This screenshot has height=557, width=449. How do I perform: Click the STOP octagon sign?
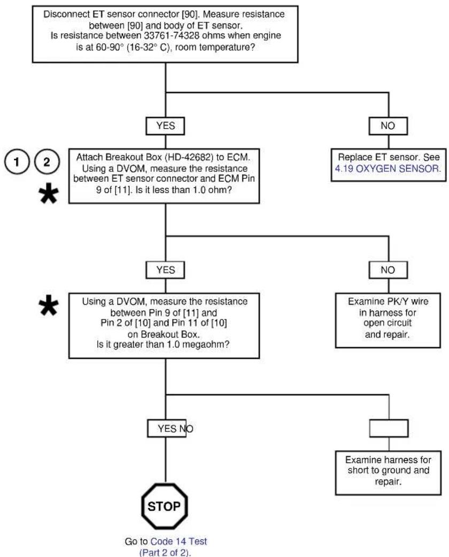[164, 506]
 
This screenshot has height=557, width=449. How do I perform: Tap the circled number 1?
[17, 162]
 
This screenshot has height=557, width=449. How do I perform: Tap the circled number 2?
[47, 162]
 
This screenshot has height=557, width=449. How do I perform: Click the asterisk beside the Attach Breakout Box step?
[49, 194]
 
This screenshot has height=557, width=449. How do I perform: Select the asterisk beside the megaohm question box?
[49, 305]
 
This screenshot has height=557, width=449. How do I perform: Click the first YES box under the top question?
[165, 125]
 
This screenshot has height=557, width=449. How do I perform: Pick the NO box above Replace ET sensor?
[388, 125]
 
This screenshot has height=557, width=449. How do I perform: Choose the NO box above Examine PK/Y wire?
[388, 270]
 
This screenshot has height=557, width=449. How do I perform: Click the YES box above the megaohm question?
[165, 270]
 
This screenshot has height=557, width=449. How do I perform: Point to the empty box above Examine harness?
[389, 428]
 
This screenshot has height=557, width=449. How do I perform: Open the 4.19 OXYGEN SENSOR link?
[388, 168]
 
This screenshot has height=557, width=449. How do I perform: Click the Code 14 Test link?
[179, 542]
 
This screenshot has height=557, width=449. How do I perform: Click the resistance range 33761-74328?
[172, 36]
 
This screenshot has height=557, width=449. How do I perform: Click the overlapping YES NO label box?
[167, 428]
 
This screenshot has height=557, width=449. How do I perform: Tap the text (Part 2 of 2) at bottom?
[165, 553]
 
